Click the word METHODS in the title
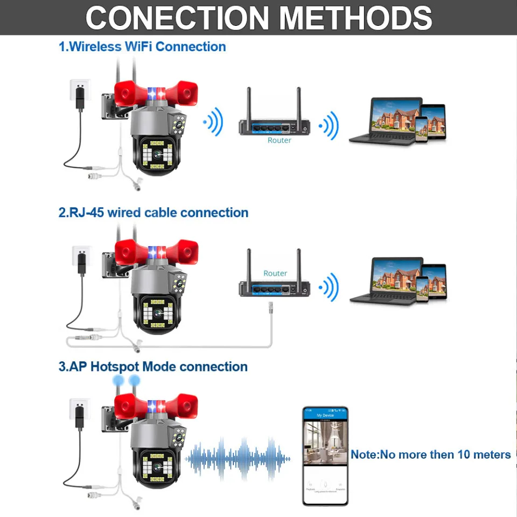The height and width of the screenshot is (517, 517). (x=355, y=18)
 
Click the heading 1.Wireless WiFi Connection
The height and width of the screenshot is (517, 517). (x=142, y=47)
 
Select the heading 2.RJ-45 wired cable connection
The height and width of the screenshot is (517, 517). (x=153, y=213)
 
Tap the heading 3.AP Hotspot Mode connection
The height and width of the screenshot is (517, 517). (x=153, y=367)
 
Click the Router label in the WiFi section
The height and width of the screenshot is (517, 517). (x=279, y=140)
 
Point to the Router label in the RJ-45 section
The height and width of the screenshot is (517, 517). (x=275, y=273)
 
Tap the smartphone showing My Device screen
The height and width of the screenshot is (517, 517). (x=325, y=456)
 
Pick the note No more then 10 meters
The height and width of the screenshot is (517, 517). (x=430, y=455)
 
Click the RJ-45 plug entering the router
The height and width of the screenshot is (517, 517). (x=270, y=308)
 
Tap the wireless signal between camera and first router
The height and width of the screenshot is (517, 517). (x=214, y=122)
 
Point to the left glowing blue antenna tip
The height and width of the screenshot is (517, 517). (x=118, y=381)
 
